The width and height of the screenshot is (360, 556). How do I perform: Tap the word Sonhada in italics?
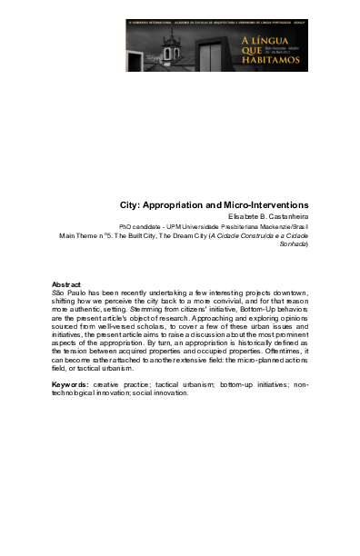point(294,244)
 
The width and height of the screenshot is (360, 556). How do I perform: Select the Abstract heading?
point(67,285)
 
